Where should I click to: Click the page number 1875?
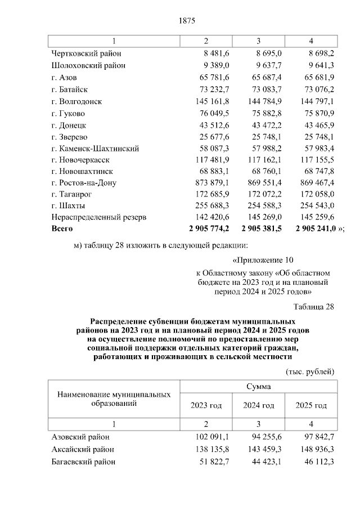186,21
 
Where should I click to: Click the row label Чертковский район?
85,53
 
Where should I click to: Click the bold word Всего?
62,229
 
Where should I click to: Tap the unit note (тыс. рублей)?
310,372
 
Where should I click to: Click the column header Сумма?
258,387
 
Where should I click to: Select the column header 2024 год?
258,405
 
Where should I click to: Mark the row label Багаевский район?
83,462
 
